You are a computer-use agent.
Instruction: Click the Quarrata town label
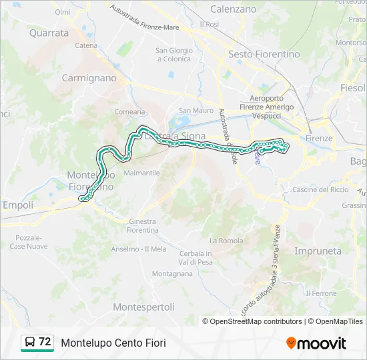tap(49, 32)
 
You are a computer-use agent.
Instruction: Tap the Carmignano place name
tap(89, 78)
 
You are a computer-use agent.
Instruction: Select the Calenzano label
tap(233, 9)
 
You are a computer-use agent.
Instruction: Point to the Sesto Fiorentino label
tap(264, 54)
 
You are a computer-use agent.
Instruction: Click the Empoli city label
tap(18, 205)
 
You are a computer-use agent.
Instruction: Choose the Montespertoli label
tap(143, 307)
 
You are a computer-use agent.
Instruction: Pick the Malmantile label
tap(142, 172)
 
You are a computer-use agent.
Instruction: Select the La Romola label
tap(224, 240)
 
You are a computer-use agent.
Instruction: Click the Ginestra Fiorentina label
tap(141, 226)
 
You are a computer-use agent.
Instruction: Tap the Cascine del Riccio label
tap(320, 189)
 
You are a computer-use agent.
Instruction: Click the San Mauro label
tap(196, 110)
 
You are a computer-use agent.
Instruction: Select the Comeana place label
tap(129, 112)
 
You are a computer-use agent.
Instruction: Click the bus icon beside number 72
tap(30, 342)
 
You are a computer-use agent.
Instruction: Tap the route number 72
tap(45, 342)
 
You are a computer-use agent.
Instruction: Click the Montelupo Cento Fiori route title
tap(113, 343)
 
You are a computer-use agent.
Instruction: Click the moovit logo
tap(316, 343)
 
